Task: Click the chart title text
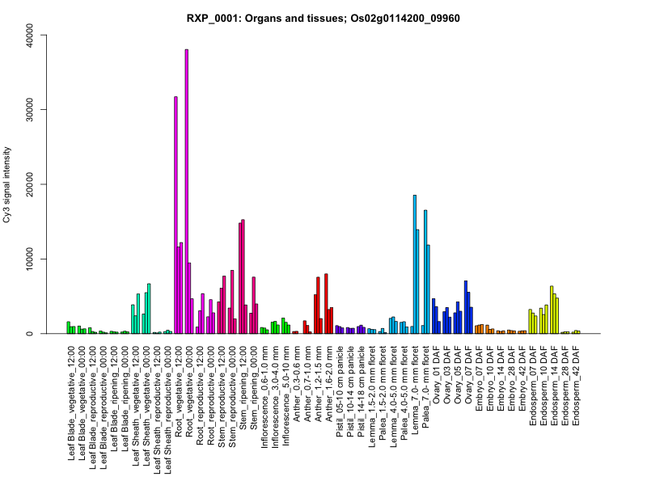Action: click(x=323, y=18)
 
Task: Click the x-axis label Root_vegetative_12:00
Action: click(x=180, y=391)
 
